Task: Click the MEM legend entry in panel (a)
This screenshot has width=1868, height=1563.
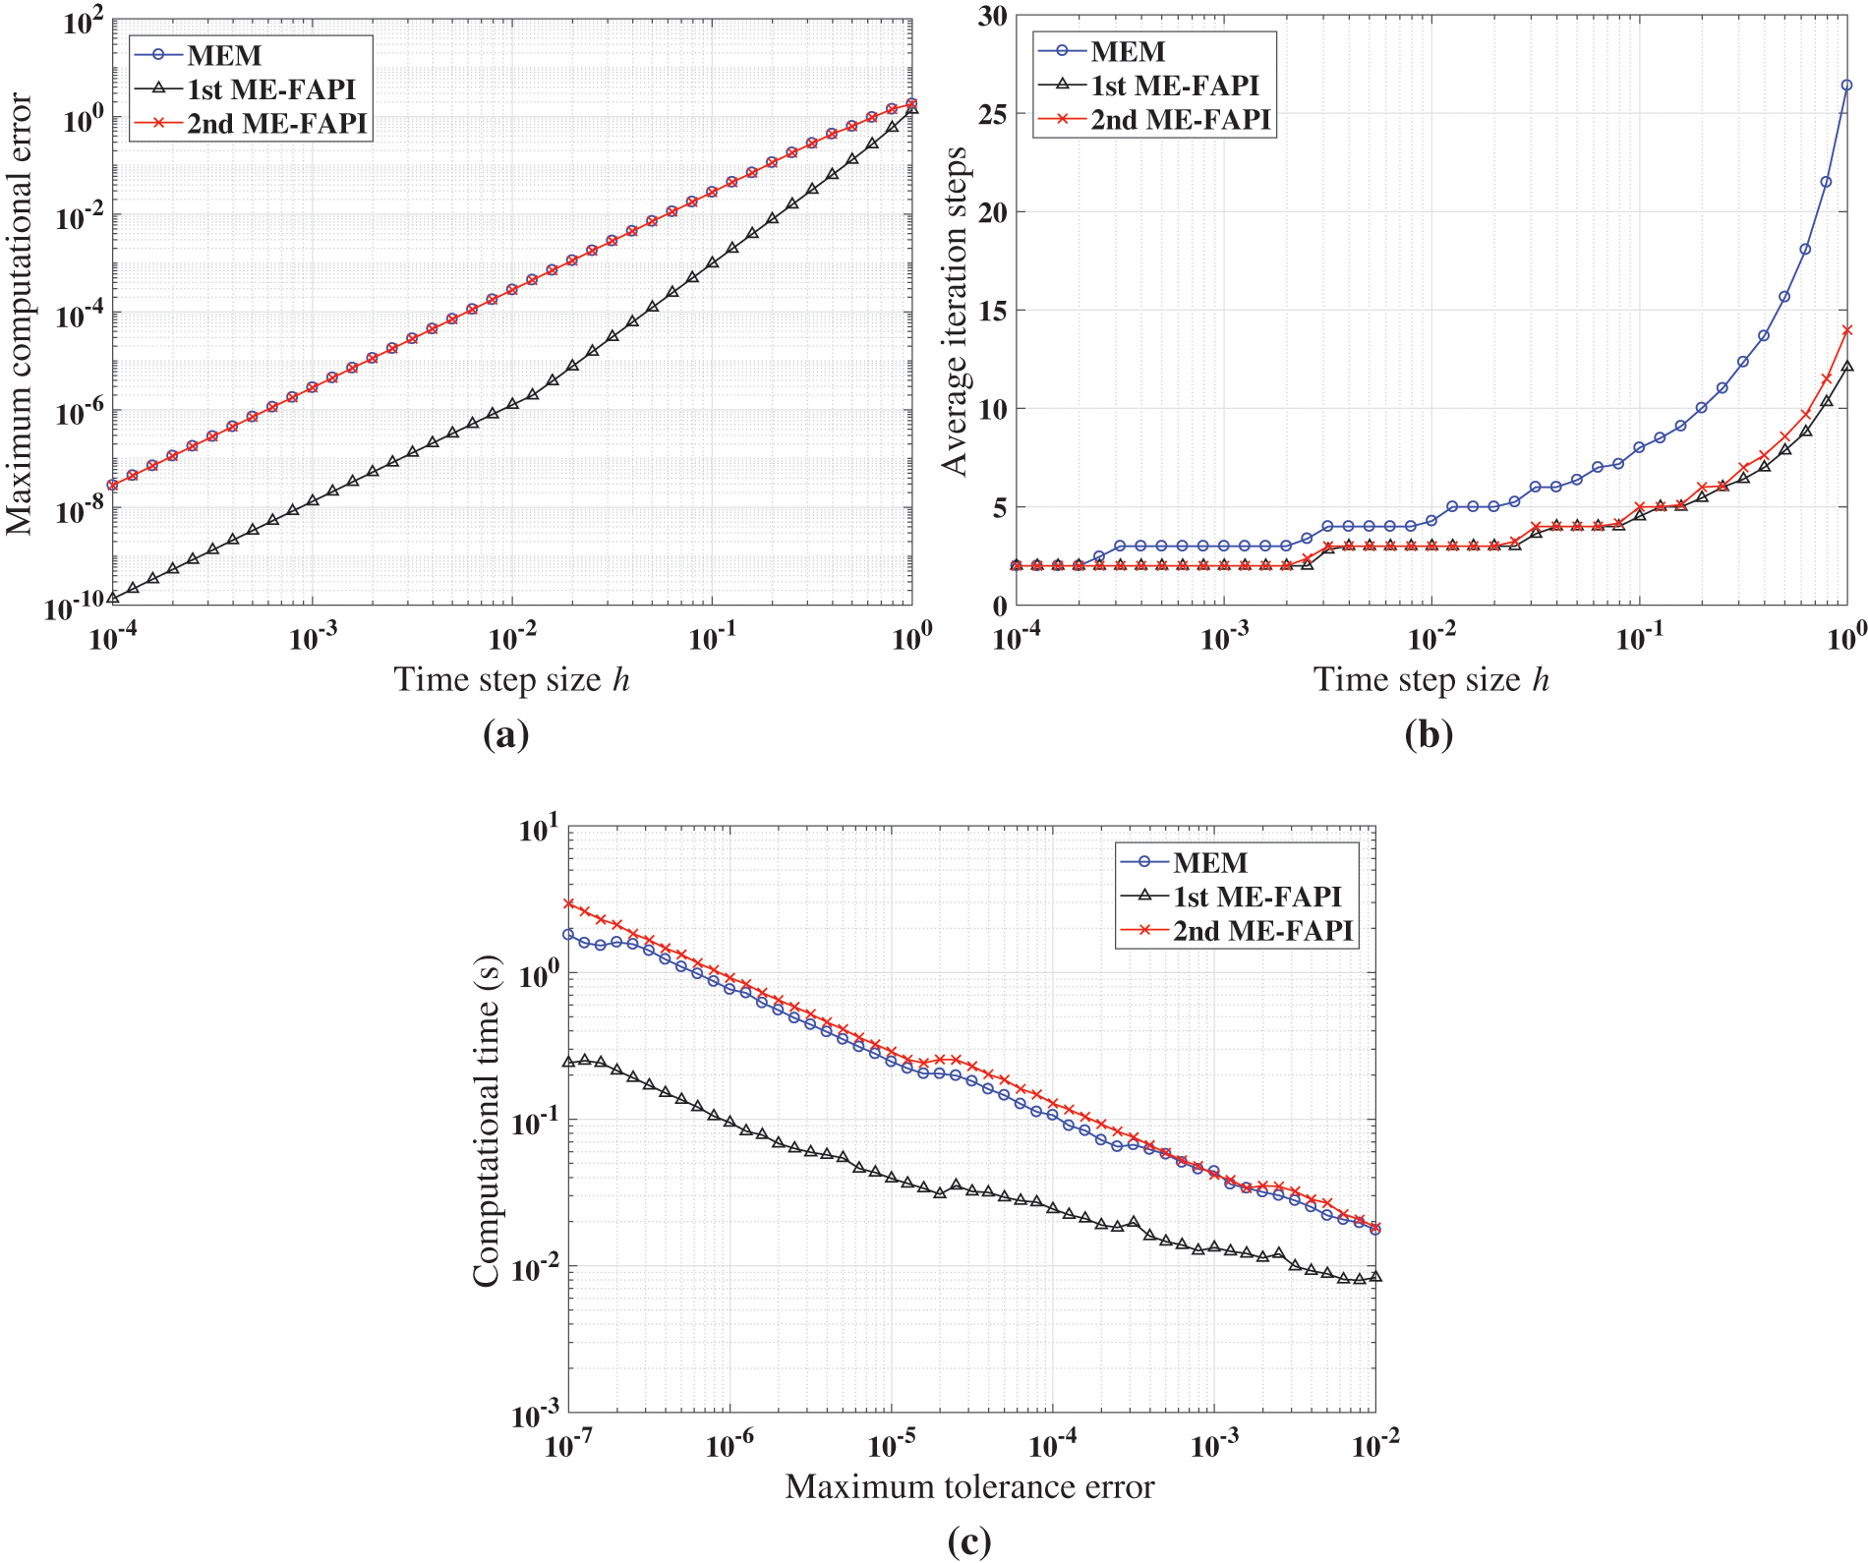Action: (224, 55)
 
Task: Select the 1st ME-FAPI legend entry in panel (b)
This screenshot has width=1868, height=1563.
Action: (1174, 86)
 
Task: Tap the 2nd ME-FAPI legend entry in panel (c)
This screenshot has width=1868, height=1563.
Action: (1262, 931)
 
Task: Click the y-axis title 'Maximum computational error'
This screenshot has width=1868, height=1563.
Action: (20, 315)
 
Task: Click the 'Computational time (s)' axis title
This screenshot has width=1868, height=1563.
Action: (487, 1121)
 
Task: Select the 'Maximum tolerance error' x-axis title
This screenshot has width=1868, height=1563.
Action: (969, 1486)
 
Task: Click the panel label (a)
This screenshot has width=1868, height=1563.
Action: (506, 734)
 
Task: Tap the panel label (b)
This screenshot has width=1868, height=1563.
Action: (1429, 734)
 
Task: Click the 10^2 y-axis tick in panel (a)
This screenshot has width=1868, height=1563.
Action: (83, 22)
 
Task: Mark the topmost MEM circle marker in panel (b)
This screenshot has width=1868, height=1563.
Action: (1846, 86)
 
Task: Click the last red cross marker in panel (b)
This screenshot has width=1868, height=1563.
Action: (1846, 330)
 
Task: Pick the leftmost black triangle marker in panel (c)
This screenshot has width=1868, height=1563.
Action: (568, 1062)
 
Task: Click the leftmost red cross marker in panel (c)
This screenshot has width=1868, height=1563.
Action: (568, 903)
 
